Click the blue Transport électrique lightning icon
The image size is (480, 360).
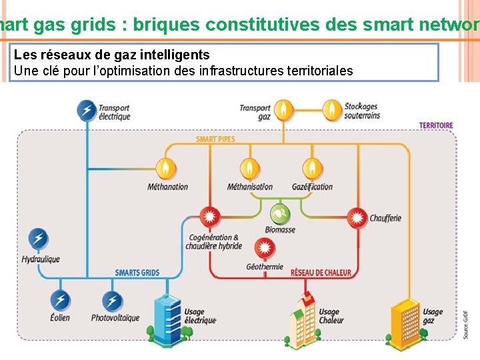86,110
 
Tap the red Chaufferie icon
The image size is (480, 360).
358,217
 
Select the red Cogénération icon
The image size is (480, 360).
210,217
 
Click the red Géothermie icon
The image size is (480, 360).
265,249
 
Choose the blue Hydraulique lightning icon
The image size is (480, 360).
39,239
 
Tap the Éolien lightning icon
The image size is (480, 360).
60,301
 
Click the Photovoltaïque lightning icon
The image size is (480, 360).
113,301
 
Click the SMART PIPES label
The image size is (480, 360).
215,140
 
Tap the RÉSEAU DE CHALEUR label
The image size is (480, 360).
320,273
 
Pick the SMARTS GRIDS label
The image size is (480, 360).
137,273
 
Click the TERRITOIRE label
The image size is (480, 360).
436,125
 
